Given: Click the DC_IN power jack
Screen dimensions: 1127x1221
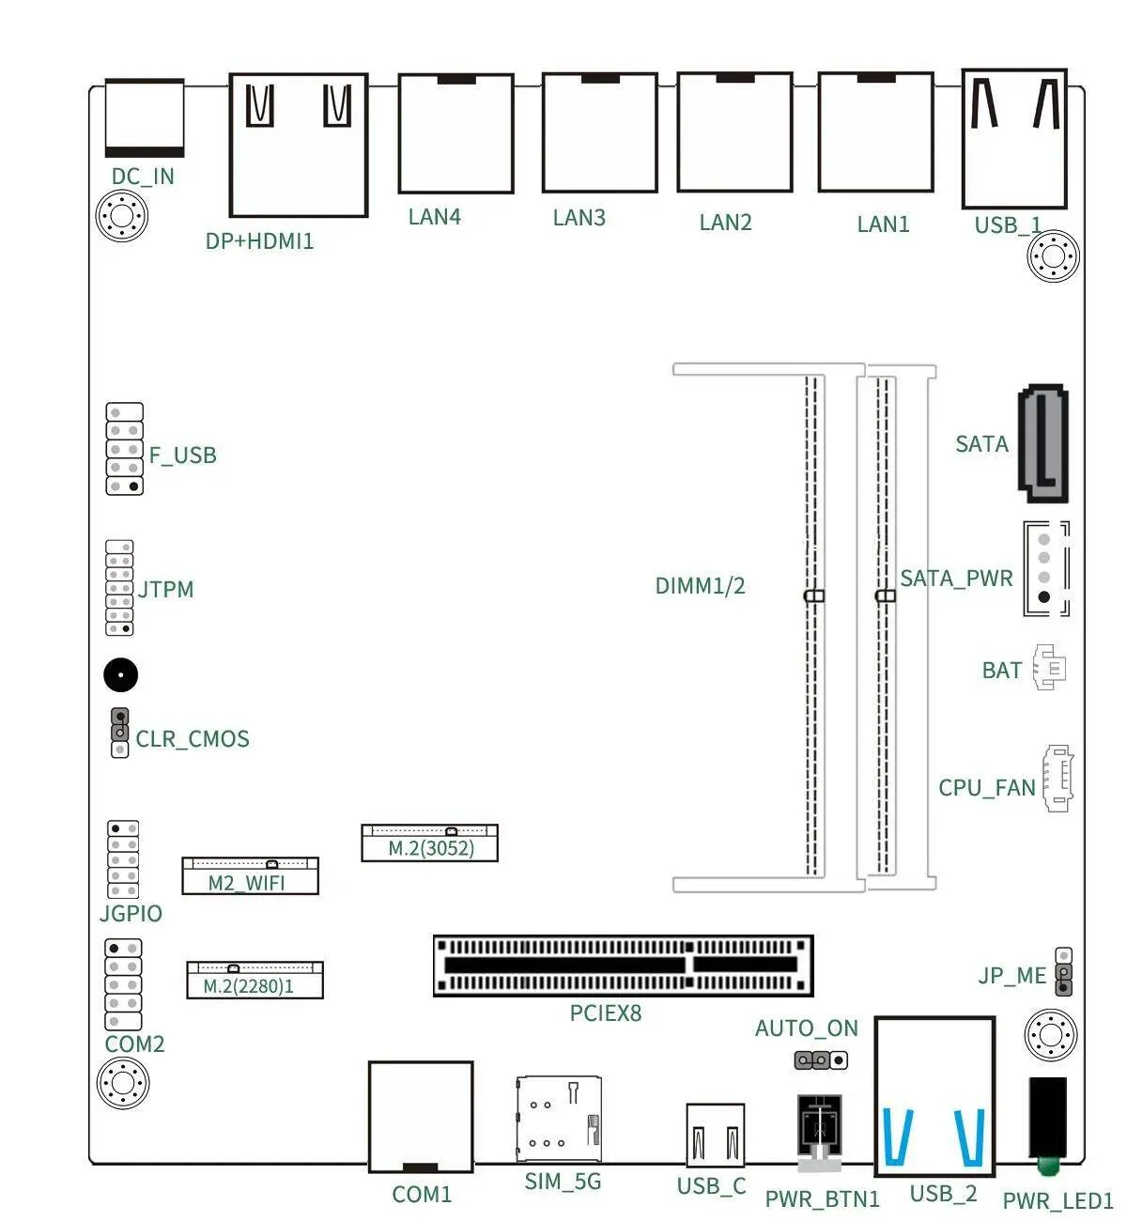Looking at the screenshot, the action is [145, 117].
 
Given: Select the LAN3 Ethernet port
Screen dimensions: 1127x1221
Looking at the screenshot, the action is [599, 132].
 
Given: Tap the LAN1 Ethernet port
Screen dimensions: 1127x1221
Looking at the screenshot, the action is [875, 132].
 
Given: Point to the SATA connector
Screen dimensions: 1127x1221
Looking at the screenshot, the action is [1042, 443].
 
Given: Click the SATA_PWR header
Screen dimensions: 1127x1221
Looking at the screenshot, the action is [1046, 568].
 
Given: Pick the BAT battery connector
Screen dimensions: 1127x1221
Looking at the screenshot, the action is [1049, 667].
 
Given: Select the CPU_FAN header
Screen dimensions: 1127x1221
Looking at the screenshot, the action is [1058, 778].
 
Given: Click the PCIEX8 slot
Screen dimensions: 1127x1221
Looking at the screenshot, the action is [623, 966].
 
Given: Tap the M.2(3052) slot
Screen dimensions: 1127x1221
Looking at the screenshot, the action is [429, 842].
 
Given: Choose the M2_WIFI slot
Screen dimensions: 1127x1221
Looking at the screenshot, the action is [250, 875].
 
